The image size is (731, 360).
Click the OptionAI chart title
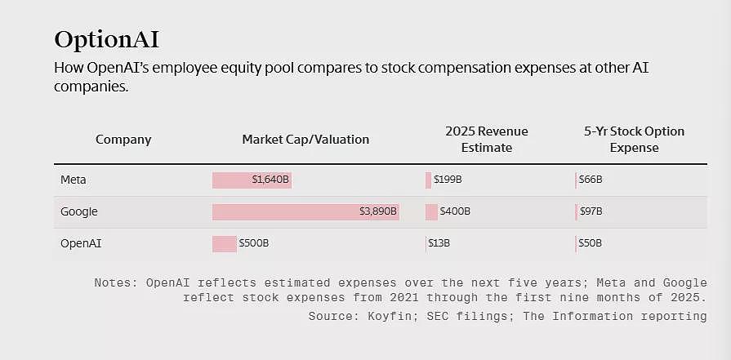(107, 40)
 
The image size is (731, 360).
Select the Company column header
(123, 140)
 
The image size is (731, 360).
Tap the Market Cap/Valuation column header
(305, 140)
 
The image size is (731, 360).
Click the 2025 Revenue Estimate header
(487, 140)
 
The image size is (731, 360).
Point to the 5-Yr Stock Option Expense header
(635, 140)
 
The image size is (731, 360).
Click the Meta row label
(74, 180)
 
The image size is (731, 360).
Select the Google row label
(79, 212)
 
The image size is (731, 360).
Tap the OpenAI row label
(81, 243)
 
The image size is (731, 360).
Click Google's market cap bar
(305, 212)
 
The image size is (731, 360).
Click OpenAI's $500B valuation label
(254, 243)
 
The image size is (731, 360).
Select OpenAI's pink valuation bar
(225, 243)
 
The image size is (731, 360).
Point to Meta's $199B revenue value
(448, 180)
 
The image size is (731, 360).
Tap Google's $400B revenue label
(455, 212)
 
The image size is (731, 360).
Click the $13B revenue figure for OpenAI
(439, 243)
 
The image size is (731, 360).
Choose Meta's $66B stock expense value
(591, 180)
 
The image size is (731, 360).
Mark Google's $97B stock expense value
(591, 212)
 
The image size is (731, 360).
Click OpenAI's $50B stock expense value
(591, 243)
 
